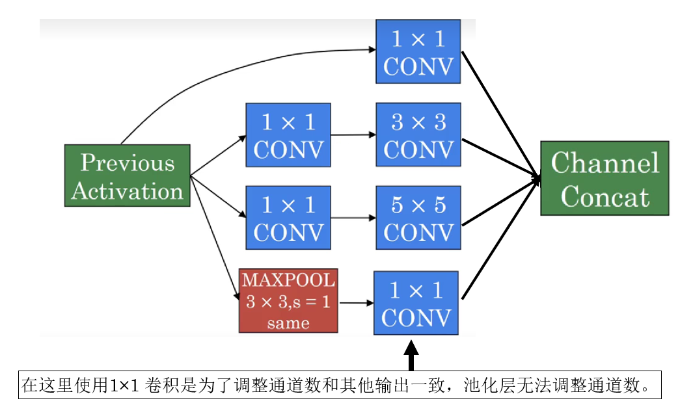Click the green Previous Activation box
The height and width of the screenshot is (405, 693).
[127, 176]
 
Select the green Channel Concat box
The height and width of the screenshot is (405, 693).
[605, 178]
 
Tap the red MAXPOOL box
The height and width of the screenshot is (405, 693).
[288, 300]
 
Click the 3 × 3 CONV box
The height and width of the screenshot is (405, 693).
[418, 135]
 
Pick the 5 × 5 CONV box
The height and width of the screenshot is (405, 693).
[418, 218]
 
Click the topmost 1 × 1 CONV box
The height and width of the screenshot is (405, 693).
[418, 51]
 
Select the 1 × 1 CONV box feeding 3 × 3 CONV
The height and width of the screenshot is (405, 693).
[288, 135]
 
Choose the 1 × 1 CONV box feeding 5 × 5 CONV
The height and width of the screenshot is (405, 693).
[288, 218]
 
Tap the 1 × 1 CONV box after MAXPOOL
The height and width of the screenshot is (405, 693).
[416, 303]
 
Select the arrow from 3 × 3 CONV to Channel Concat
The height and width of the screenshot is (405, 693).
[501, 157]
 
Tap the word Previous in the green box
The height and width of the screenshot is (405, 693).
[127, 163]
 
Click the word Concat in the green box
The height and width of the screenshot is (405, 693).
[605, 196]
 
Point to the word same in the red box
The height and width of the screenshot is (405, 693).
[288, 322]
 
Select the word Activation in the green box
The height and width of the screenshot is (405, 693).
[127, 191]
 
